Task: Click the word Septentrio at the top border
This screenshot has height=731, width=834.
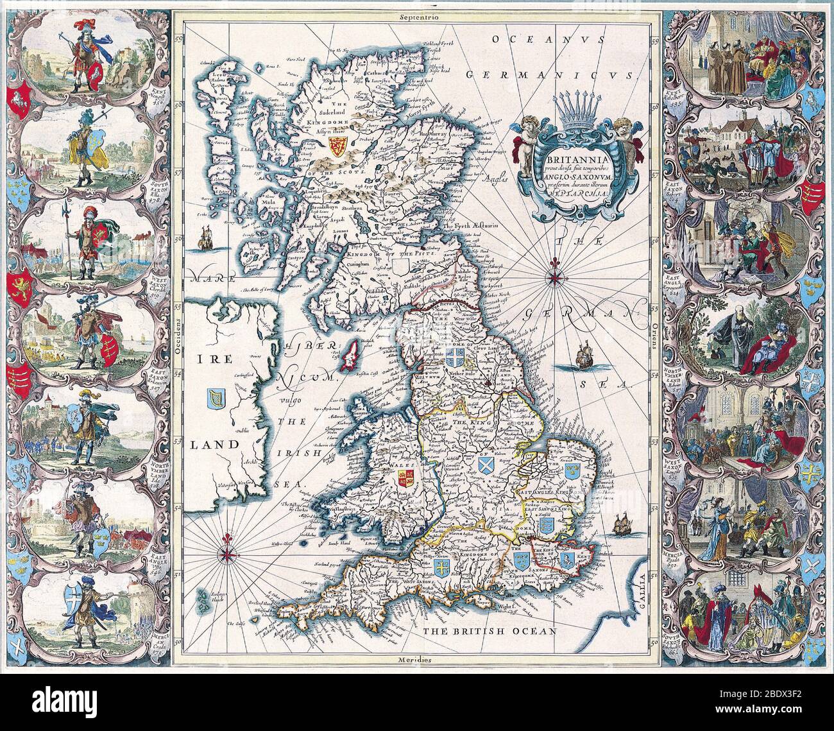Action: point(416,18)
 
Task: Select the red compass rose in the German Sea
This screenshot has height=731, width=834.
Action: point(555,277)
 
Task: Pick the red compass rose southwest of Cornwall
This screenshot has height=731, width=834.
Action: point(228,551)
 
